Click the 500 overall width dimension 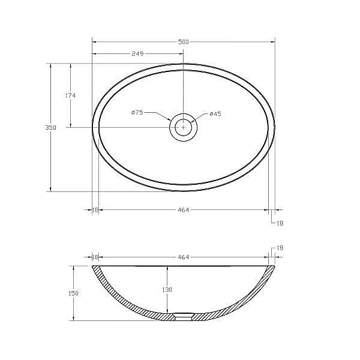click(x=183, y=42)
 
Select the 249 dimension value click(x=137, y=54)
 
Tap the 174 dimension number click(x=70, y=95)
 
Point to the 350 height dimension click(x=50, y=127)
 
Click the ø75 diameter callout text click(x=137, y=113)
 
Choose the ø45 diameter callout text click(x=215, y=114)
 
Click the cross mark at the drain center click(x=183, y=127)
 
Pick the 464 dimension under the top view click(x=183, y=210)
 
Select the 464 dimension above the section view click(x=183, y=257)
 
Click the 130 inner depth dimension click(x=167, y=290)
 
